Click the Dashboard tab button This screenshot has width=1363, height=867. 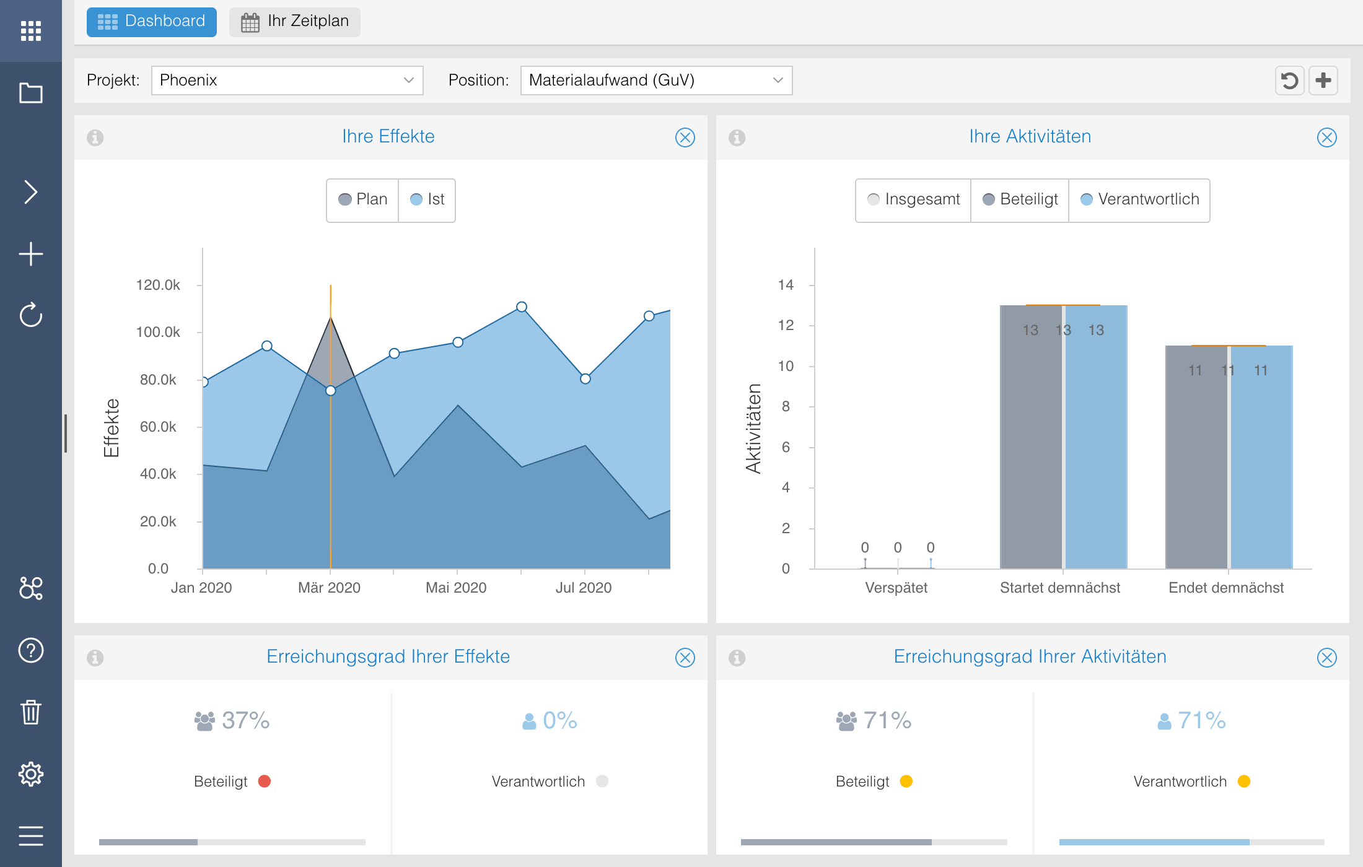point(152,22)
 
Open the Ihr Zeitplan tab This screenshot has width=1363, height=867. point(295,22)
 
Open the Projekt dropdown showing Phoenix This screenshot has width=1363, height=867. point(287,81)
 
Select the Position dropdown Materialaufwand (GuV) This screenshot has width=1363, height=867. point(656,81)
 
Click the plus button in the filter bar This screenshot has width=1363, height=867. point(1323,81)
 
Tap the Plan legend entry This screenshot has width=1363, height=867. point(363,199)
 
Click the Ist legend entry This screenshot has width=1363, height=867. point(427,199)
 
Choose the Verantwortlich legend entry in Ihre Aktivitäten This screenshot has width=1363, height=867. point(1140,199)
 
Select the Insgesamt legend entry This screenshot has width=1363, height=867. point(914,199)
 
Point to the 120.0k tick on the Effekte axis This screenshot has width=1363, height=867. point(158,285)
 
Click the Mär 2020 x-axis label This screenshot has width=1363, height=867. point(329,588)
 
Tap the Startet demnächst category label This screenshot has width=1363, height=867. point(1060,588)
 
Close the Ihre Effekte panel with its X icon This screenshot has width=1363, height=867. point(685,137)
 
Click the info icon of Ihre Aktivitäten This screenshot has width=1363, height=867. point(737,137)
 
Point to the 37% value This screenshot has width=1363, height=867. point(245,720)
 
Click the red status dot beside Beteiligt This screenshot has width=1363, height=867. point(265,782)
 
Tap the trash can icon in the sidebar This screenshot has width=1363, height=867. point(31,712)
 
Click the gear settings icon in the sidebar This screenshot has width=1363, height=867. point(31,774)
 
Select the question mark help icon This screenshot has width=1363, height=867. point(31,650)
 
